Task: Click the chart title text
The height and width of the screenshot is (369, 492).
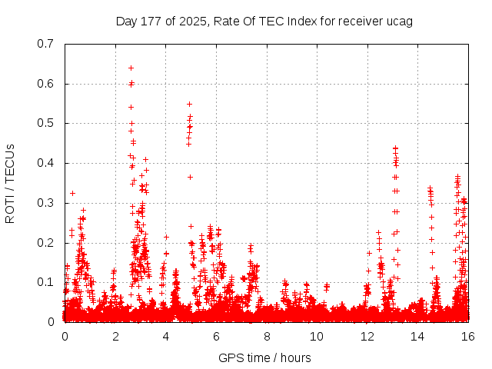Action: (x=264, y=21)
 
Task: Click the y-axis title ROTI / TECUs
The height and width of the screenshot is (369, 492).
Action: (x=11, y=183)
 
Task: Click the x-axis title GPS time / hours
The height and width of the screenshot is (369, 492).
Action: (x=265, y=357)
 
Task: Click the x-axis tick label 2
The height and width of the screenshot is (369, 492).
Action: (x=115, y=337)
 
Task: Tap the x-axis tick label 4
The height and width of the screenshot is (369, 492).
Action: (x=165, y=337)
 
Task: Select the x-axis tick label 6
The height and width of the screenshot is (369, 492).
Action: (x=216, y=337)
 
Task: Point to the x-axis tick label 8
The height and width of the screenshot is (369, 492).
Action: (x=266, y=337)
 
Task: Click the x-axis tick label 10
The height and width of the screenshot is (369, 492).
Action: (x=317, y=337)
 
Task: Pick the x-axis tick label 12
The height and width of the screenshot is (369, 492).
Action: (x=367, y=337)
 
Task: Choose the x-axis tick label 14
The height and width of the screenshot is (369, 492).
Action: (x=417, y=337)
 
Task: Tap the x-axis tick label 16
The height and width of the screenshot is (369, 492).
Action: (x=468, y=337)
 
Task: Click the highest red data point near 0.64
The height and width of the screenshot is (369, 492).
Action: (x=131, y=68)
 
